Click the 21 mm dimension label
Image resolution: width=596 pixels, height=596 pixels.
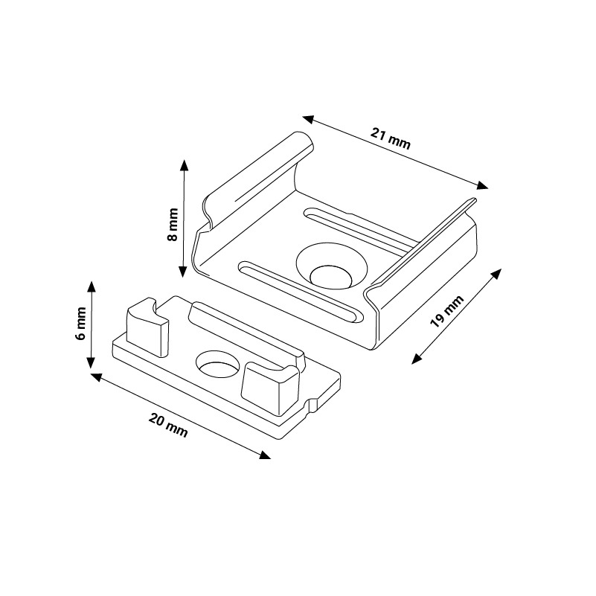point(391,138)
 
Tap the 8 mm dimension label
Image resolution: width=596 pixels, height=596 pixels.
point(173,224)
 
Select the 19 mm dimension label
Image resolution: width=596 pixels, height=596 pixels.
point(447,311)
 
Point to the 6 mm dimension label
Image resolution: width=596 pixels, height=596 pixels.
point(81,324)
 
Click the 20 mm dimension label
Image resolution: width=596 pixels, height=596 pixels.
point(168,426)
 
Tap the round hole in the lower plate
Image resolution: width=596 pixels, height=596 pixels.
point(218,365)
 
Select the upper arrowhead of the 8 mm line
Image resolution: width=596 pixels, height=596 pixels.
point(185,165)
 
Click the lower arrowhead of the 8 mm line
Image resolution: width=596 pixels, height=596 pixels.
point(183,271)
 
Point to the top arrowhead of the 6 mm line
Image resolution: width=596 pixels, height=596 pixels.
point(92,287)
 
